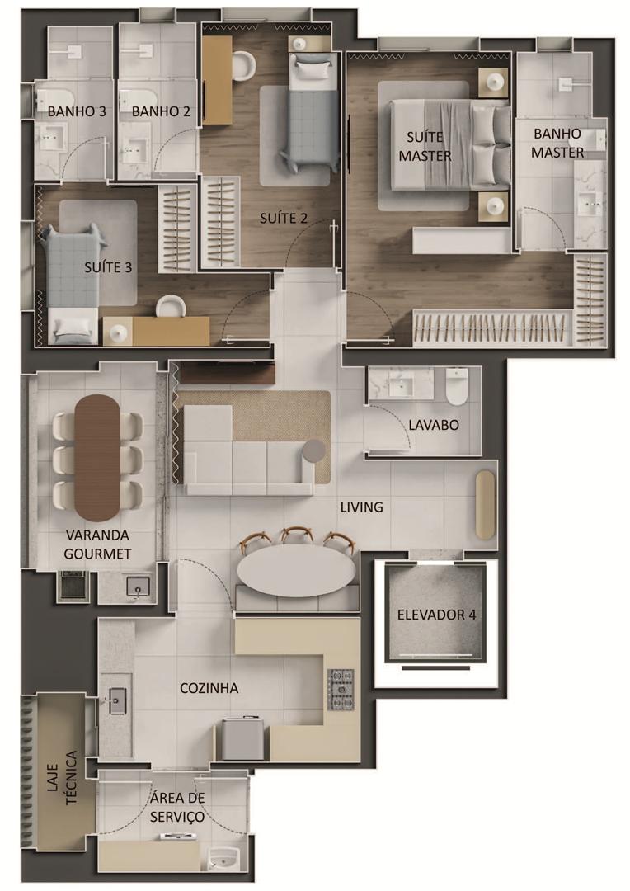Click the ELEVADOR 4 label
[x=436, y=615]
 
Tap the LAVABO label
[x=434, y=425]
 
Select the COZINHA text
[x=209, y=688]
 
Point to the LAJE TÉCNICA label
[x=63, y=778]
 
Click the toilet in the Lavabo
[x=457, y=386]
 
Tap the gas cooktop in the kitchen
[x=341, y=689]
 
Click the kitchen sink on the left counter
[x=117, y=700]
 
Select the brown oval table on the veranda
[x=97, y=457]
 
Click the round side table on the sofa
[x=313, y=450]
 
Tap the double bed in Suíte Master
[x=450, y=144]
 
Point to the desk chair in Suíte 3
[x=171, y=306]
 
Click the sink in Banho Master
[x=590, y=204]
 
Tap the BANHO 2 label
[x=161, y=111]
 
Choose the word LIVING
[x=361, y=507]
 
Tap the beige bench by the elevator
[x=486, y=505]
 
